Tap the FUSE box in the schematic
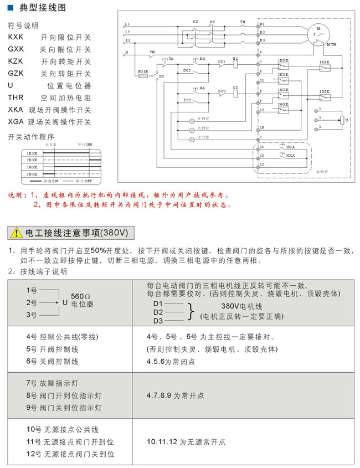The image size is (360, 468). (x=142, y=75)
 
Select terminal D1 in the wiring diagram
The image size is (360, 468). (x=262, y=24)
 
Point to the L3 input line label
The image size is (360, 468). (x=127, y=40)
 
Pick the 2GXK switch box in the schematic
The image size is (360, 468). (x=283, y=110)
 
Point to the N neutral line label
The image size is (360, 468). (x=127, y=53)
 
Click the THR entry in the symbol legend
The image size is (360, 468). (x=17, y=97)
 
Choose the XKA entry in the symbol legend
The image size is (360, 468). (x=16, y=110)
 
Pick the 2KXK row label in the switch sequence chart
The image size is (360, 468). (x=32, y=160)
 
